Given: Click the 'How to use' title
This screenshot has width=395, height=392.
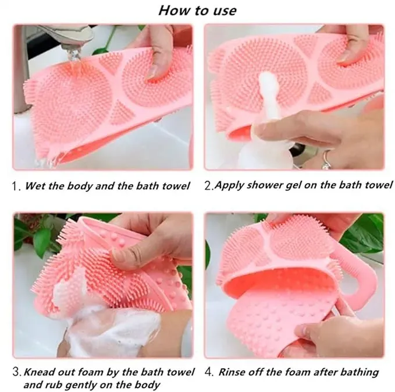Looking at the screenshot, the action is tap(197, 10).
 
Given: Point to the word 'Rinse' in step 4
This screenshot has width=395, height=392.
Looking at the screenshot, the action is tap(232, 372).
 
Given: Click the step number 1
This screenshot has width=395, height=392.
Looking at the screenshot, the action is tap(16, 186).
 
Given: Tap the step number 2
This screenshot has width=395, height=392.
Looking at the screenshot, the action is tap(209, 185).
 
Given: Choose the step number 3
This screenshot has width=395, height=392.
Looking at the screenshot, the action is tap(17, 372).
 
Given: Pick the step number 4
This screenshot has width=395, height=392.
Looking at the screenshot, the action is tap(209, 372).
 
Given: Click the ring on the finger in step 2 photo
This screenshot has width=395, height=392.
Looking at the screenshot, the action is tap(327, 160).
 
